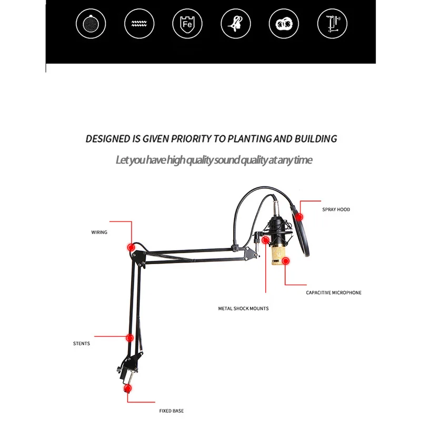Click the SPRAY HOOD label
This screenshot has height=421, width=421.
[x=336, y=209]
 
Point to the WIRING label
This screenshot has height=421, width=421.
[x=99, y=232]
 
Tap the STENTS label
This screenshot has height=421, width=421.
[x=82, y=344]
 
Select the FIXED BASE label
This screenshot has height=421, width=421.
[x=172, y=410]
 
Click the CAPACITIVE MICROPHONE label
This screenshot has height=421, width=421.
[x=334, y=293]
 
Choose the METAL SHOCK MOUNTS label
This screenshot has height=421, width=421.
[x=243, y=308]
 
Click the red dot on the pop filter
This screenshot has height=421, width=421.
[x=299, y=216]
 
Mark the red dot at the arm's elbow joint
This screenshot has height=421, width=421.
[x=132, y=246]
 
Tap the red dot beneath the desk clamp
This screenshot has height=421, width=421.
[x=127, y=389]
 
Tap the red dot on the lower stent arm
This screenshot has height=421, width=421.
[x=129, y=337]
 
